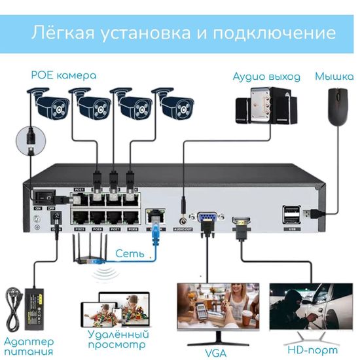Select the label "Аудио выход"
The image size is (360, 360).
click(266, 77)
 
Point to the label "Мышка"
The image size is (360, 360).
click(334, 77)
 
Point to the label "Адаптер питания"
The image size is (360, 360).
click(28, 346)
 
